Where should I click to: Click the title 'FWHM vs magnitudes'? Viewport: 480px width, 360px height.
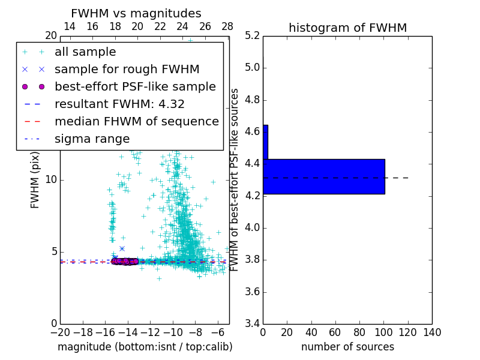coord(136,13)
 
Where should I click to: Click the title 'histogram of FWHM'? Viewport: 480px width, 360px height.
coord(347,28)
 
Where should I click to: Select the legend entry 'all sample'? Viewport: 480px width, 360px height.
coord(85,52)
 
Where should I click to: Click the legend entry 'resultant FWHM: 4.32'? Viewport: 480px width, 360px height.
coord(119,104)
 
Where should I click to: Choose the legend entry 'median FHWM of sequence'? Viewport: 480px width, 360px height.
coord(136,121)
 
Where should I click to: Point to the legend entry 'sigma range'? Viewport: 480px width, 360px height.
coord(92,139)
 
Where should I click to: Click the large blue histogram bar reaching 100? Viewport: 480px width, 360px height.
coord(324,176)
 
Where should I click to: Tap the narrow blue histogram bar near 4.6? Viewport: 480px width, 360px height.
coord(265,142)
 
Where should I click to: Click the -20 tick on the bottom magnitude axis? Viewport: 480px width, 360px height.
coord(60,332)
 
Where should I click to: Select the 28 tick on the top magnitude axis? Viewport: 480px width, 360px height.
coord(227,26)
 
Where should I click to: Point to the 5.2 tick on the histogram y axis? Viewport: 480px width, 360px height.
coord(252,35)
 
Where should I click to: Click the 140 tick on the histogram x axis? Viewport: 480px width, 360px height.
coord(432,332)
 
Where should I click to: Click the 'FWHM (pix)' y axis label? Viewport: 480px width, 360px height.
coord(35,179)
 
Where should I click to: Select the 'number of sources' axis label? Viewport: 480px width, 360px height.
coord(347,347)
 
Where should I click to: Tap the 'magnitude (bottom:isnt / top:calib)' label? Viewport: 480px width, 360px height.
coord(145,347)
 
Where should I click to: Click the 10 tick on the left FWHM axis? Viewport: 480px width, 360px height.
coord(51,180)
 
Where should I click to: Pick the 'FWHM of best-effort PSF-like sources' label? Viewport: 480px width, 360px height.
coord(235,179)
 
